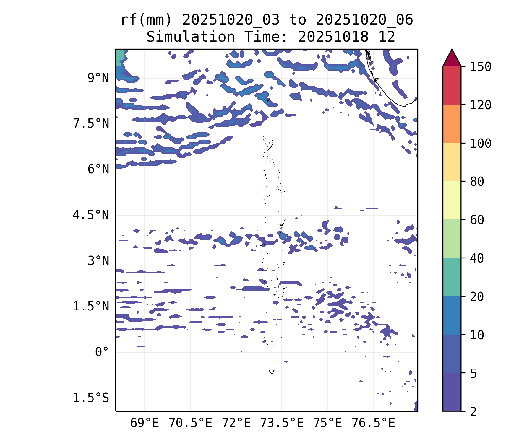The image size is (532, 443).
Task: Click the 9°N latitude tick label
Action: tap(98, 78)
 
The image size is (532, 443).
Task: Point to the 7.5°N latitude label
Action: tap(91, 124)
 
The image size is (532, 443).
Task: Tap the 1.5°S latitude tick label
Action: tap(91, 398)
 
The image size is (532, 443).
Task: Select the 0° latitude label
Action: tap(102, 352)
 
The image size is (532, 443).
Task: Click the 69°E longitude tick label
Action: tap(145, 423)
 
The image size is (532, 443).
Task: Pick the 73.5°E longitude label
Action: tap(282, 423)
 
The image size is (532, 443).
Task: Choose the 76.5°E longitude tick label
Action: tap(373, 423)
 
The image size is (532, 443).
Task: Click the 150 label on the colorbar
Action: tap(481, 67)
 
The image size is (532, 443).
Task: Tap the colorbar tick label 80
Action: tap(477, 182)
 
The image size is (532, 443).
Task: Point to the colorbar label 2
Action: tap(473, 411)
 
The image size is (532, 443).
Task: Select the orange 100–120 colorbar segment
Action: tap(452, 124)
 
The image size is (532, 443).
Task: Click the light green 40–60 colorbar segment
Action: tap(452, 239)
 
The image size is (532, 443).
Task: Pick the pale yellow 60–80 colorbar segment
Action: tap(452, 200)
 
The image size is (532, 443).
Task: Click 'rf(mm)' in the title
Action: tap(146, 20)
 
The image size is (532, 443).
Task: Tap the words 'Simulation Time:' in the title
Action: tap(217, 37)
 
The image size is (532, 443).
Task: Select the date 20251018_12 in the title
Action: tap(346, 37)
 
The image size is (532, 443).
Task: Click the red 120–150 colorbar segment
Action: tap(452, 85)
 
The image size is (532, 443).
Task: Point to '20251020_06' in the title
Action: tap(364, 20)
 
